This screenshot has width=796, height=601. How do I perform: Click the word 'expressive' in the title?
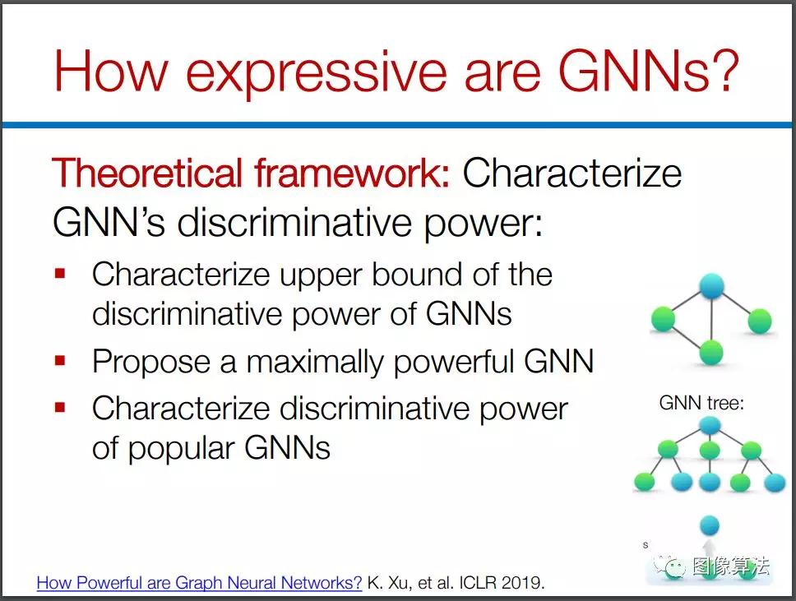click(x=317, y=72)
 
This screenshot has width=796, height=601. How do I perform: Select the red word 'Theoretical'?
click(x=146, y=173)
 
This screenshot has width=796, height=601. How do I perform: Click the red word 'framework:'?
click(x=352, y=173)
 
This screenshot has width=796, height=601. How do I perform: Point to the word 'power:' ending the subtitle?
click(x=483, y=224)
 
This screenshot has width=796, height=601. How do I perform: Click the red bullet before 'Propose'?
click(x=60, y=361)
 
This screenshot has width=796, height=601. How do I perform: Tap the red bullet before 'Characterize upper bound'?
click(x=60, y=274)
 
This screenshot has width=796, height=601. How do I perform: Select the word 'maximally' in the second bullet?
click(x=315, y=363)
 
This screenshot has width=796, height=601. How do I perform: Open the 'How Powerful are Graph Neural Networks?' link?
click(x=199, y=583)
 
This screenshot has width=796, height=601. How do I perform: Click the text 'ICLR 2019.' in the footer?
click(x=502, y=583)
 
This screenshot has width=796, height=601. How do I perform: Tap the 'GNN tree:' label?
click(x=701, y=403)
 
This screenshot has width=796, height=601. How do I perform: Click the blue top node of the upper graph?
click(x=711, y=285)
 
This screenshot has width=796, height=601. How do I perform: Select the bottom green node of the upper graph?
click(x=710, y=352)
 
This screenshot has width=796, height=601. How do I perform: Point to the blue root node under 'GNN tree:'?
click(x=709, y=425)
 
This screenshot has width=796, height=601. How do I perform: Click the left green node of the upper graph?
click(x=663, y=319)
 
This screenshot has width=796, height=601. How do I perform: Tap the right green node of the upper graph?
click(x=760, y=321)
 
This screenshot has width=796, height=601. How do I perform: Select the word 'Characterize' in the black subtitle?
click(x=572, y=173)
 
